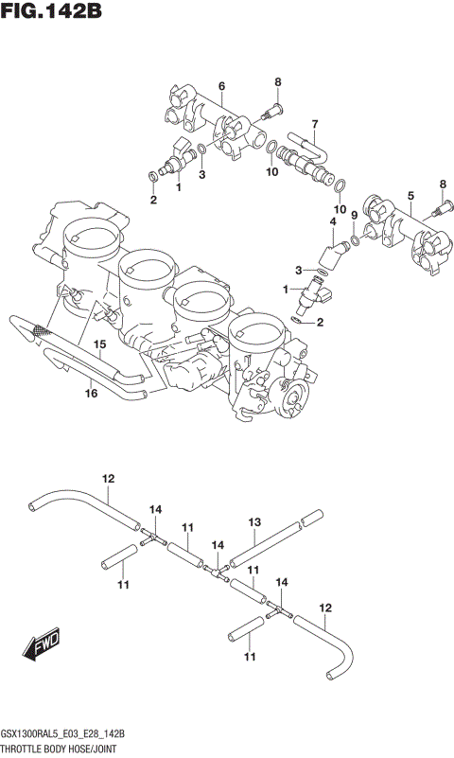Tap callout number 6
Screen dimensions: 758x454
point(221,87)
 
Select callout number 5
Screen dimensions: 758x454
point(410,196)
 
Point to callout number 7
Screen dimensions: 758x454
point(314,123)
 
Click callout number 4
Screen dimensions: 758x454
point(333,222)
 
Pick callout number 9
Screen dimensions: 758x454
point(355,216)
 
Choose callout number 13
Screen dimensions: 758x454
point(253,521)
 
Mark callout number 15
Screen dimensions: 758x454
point(98,345)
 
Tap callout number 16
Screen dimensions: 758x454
point(91,395)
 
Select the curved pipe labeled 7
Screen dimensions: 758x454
point(304,146)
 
